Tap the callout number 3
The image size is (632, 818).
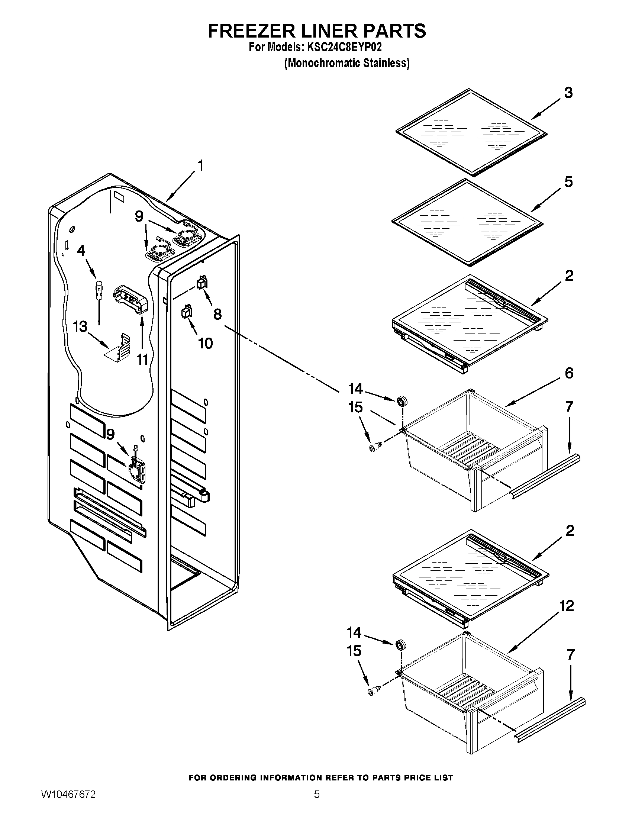(568, 93)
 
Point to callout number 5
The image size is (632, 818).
(568, 182)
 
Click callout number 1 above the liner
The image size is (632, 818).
(200, 165)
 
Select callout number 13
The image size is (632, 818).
(80, 326)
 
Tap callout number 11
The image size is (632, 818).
(142, 360)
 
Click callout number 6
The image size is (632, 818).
(569, 373)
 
